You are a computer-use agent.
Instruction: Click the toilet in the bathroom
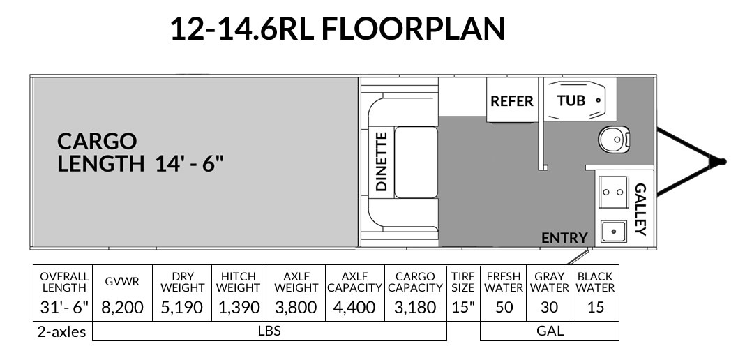(614, 139)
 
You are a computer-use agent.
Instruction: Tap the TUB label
(571, 100)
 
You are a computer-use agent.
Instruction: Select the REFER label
(512, 101)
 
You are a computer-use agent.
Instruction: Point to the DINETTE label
(382, 161)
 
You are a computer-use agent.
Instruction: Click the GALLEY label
(640, 209)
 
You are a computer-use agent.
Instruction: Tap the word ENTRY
(564, 237)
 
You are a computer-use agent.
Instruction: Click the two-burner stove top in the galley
(613, 191)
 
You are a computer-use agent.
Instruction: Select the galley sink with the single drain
(613, 232)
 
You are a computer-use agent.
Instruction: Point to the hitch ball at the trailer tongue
(723, 162)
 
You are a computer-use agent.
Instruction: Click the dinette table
(416, 163)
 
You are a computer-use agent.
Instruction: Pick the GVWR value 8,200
(122, 307)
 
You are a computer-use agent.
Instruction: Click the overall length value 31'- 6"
(64, 307)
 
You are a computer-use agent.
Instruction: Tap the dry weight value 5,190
(182, 307)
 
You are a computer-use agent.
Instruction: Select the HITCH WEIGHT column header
(239, 282)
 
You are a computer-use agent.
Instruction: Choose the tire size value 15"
(462, 307)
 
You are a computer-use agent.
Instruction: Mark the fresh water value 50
(504, 307)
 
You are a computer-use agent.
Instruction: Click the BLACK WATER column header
(595, 282)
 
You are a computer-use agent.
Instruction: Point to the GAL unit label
(550, 331)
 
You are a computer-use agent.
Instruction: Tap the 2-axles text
(62, 331)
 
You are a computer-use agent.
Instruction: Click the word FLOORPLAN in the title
(413, 29)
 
